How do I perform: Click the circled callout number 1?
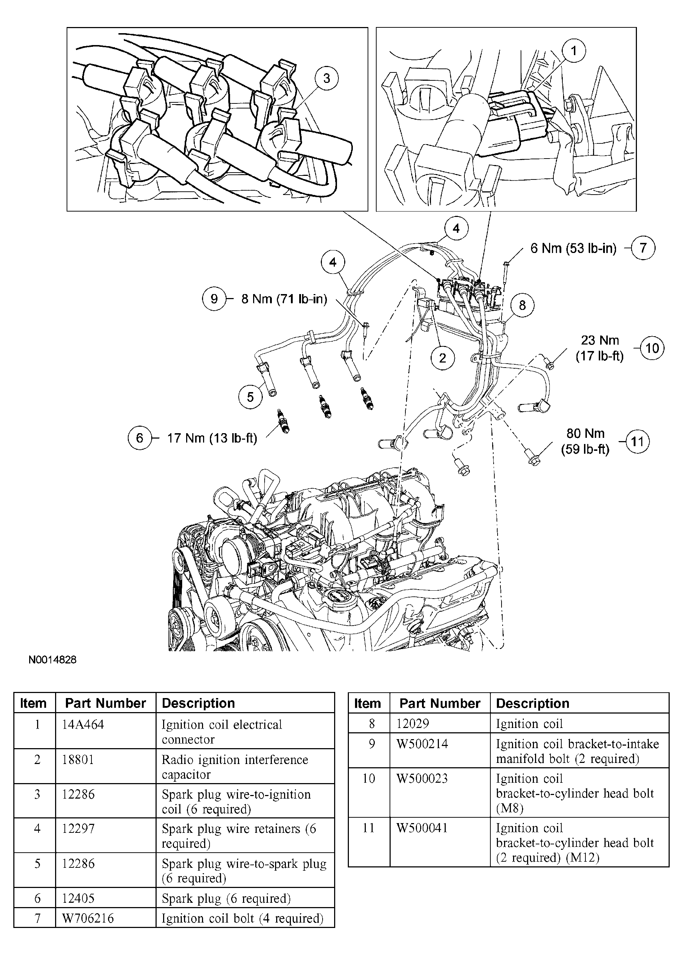pyautogui.click(x=574, y=51)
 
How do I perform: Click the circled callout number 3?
pyautogui.click(x=326, y=78)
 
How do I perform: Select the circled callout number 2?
pyautogui.click(x=442, y=358)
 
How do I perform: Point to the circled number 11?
pyautogui.click(x=637, y=441)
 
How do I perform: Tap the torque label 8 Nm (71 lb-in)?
pyautogui.click(x=284, y=299)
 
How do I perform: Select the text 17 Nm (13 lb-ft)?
pyautogui.click(x=212, y=438)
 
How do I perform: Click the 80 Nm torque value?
pyautogui.click(x=585, y=434)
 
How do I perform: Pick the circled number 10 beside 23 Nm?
pyautogui.click(x=652, y=348)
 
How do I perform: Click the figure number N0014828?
pyautogui.click(x=53, y=659)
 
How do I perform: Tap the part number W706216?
pyautogui.click(x=88, y=918)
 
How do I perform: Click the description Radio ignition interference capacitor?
pyautogui.click(x=235, y=767)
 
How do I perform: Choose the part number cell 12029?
pyautogui.click(x=413, y=724)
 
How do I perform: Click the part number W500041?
pyautogui.click(x=422, y=828)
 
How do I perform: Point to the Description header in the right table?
pyautogui.click(x=533, y=703)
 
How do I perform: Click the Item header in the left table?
pyautogui.click(x=33, y=703)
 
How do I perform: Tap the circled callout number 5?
pyautogui.click(x=250, y=397)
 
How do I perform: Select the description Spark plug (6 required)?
pyautogui.click(x=226, y=898)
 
